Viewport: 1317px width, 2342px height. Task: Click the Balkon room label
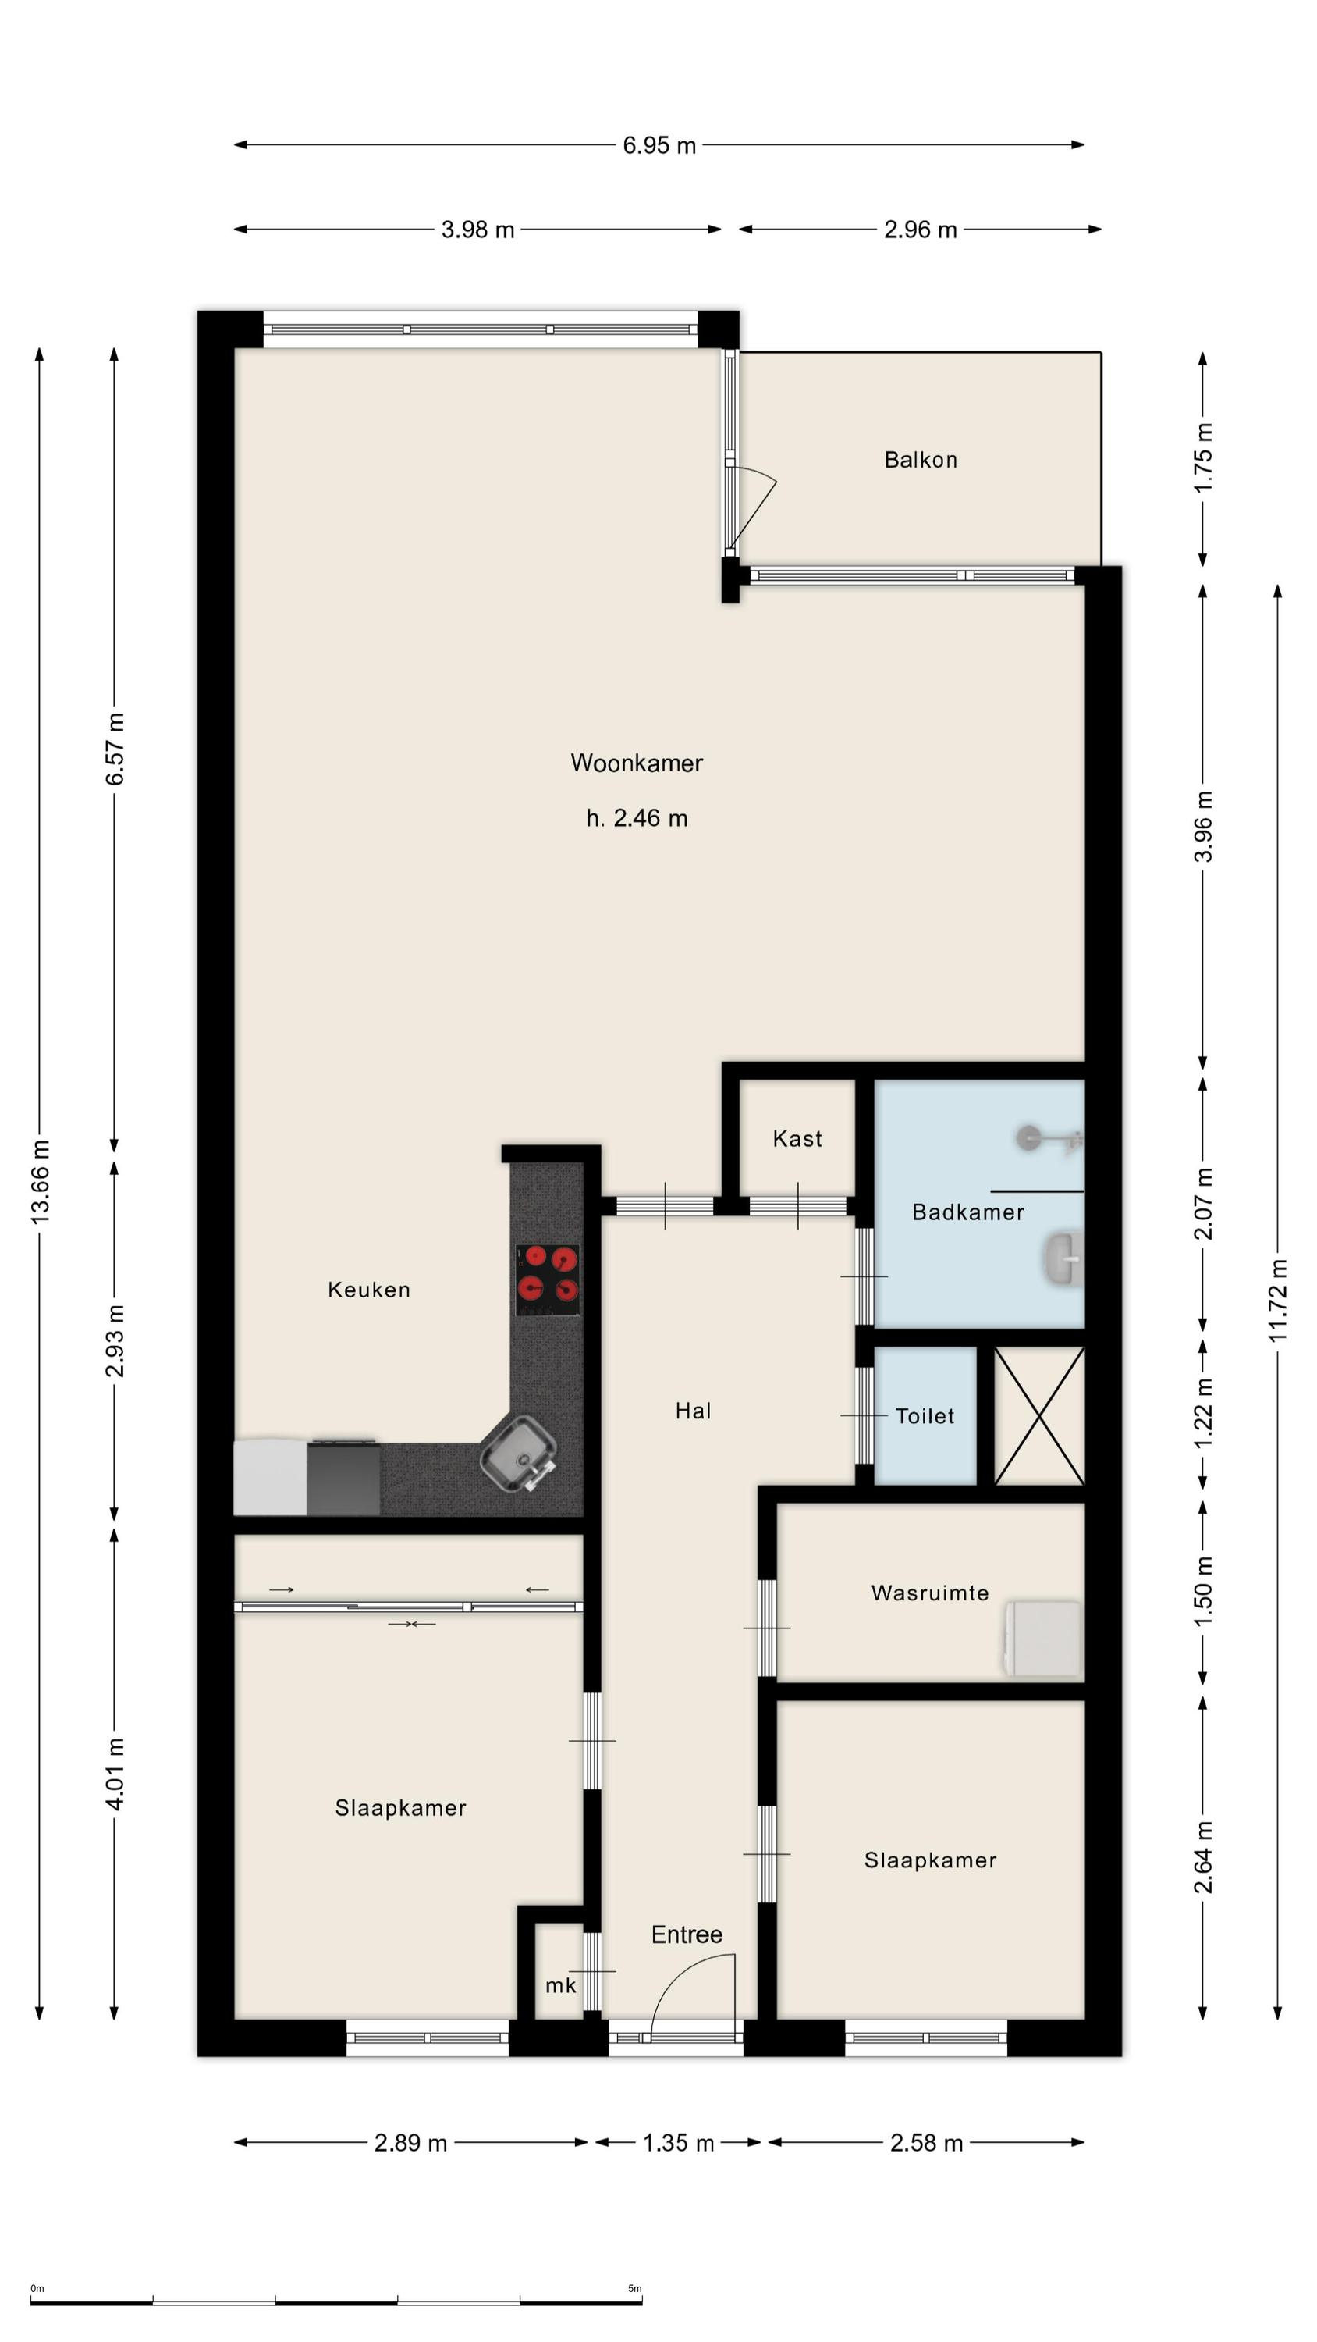click(x=920, y=460)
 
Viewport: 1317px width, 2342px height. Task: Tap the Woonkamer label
click(x=636, y=763)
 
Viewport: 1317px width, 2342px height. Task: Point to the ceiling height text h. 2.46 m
click(x=636, y=818)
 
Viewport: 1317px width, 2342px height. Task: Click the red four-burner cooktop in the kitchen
click(x=548, y=1280)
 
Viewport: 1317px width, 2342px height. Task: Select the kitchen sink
click(x=519, y=1454)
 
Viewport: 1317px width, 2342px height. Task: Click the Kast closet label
click(x=797, y=1139)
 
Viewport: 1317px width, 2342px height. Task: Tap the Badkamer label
click(x=968, y=1212)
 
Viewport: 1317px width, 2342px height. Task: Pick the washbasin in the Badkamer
click(x=1064, y=1258)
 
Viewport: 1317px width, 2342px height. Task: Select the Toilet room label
click(x=925, y=1415)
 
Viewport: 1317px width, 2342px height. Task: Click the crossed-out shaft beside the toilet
click(x=1039, y=1415)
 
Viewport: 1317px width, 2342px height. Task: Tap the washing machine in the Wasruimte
click(x=1043, y=1639)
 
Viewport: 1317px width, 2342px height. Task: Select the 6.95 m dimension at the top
click(x=659, y=145)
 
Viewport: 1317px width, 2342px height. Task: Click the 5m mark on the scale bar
click(x=634, y=2288)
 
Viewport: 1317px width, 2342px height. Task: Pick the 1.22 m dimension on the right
click(x=1202, y=1414)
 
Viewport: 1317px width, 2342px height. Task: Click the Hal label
click(x=693, y=1411)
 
